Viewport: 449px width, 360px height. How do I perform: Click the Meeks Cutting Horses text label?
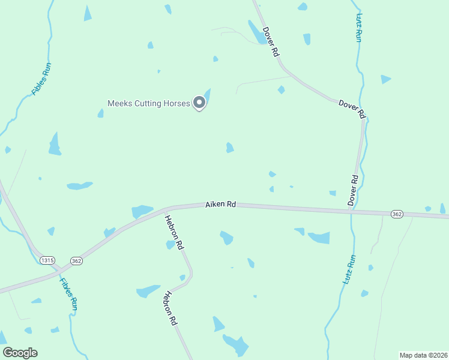pyautogui.click(x=148, y=103)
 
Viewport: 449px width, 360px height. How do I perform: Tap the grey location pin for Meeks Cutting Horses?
pyautogui.click(x=200, y=103)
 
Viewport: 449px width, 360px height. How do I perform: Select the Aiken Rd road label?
pyautogui.click(x=220, y=205)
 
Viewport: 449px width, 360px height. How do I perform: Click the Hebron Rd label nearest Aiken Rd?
pyautogui.click(x=175, y=232)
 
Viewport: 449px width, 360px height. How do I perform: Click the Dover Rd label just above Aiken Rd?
pyautogui.click(x=354, y=190)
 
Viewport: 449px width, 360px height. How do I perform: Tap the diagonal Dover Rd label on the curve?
pyautogui.click(x=352, y=108)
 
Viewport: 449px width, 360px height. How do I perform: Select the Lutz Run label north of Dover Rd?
pyautogui.click(x=359, y=28)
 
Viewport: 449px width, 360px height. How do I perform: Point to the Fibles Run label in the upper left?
pyautogui.click(x=42, y=79)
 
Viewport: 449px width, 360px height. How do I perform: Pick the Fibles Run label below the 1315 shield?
pyautogui.click(x=69, y=293)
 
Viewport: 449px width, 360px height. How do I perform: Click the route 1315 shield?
pyautogui.click(x=47, y=260)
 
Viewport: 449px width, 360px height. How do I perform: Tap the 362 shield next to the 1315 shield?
pyautogui.click(x=76, y=260)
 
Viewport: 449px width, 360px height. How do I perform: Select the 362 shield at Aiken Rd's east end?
pyautogui.click(x=396, y=214)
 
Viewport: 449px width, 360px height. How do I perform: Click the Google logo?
pyautogui.click(x=20, y=353)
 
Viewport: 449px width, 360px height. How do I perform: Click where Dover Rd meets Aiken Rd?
pyautogui.click(x=351, y=211)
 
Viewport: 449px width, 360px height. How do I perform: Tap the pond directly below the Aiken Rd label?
pyautogui.click(x=226, y=238)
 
